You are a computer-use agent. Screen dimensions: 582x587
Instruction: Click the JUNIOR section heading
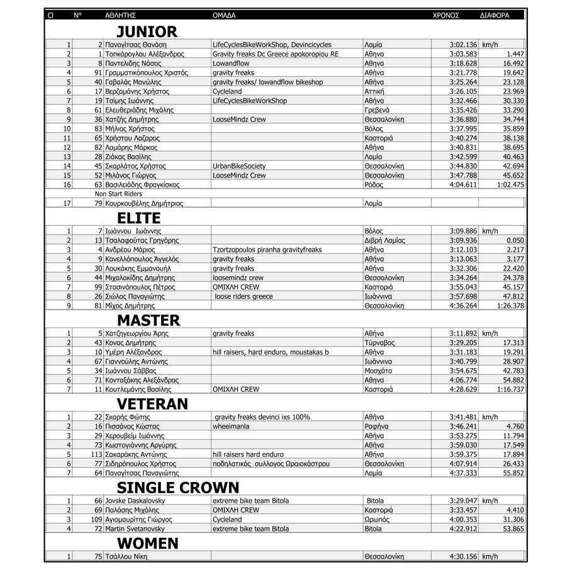tap(147, 31)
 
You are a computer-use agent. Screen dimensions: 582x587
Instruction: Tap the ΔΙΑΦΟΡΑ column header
tap(495, 15)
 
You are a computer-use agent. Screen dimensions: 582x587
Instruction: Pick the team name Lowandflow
tap(231, 64)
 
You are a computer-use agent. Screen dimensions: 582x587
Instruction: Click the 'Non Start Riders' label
tap(118, 194)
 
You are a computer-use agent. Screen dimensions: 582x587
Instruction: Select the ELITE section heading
tap(138, 218)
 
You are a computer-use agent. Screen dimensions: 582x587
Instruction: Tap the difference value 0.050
tap(515, 240)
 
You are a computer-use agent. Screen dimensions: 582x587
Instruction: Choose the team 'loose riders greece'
tap(244, 296)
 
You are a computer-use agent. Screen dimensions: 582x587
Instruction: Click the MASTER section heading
tap(148, 321)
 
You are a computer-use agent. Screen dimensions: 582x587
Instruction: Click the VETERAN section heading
tap(152, 404)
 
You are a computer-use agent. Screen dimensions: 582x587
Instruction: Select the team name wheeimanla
tap(231, 427)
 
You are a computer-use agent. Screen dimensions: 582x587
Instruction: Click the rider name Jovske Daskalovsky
tap(136, 501)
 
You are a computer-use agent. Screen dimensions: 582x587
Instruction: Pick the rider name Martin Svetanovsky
tap(137, 529)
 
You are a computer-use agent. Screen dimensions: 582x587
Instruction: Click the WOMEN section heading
tap(148, 544)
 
